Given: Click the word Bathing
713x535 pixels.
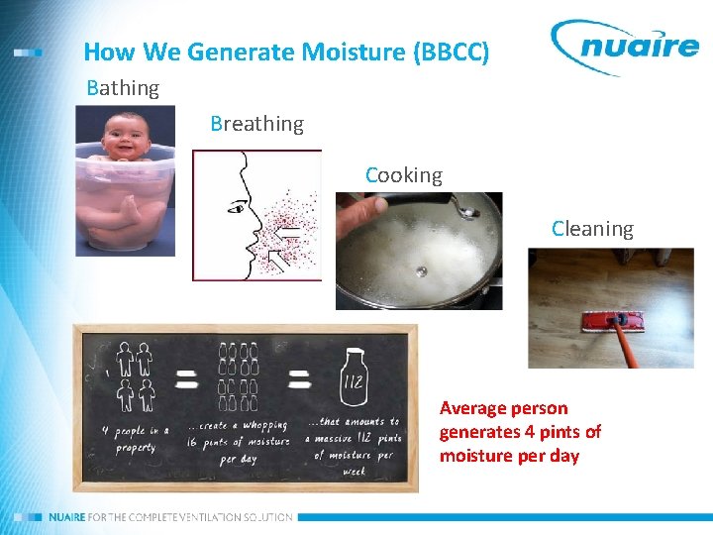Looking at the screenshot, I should pos(123,88).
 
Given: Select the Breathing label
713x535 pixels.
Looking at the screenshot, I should pos(256,124).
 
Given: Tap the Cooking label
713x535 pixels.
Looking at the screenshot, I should pos(404,175).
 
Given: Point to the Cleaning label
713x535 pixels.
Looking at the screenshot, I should pos(592,229).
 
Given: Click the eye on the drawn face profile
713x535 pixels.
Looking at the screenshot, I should pos(236,207).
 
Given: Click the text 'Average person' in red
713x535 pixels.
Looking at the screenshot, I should pos(503,408).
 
